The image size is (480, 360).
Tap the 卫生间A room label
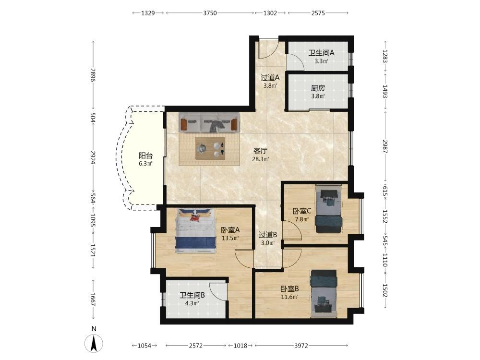pos(321,53)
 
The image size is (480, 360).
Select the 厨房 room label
pos(318,88)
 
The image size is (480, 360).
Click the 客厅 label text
pos(260,151)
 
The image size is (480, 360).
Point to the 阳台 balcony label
pos(145,156)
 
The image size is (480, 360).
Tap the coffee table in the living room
pos(210,148)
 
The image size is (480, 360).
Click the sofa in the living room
pos(209,122)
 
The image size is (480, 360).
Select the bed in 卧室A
pos(195,230)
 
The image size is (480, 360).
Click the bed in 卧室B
pos(324,294)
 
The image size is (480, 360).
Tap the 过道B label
pos(268,235)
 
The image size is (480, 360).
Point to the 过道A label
pos(270,77)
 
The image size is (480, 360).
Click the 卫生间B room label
pos(192,295)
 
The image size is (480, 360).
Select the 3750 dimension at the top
pos(210,13)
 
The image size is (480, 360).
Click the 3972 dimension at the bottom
pos(301,346)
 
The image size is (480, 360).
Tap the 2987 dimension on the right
pos(385,146)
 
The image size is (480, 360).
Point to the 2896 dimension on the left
pos(93,75)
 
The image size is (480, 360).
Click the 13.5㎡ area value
pos(230,238)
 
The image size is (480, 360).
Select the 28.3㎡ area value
pos(261,159)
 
